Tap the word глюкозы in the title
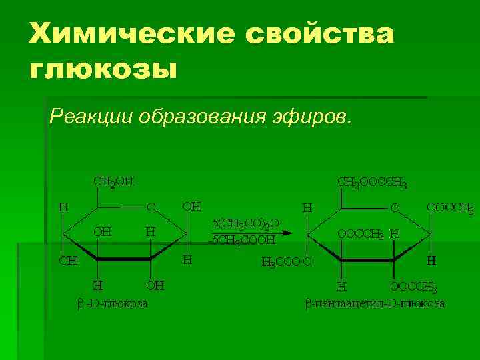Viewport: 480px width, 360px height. click(x=103, y=68)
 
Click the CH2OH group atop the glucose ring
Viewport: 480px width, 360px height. click(x=113, y=181)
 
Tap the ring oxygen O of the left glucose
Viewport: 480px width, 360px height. click(x=151, y=207)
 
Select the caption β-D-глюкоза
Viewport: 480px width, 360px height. click(x=112, y=304)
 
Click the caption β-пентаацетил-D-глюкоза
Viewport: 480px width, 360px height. click(x=375, y=304)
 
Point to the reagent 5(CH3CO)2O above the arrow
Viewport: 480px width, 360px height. click(x=245, y=223)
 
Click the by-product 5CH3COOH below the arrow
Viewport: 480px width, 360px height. click(x=243, y=240)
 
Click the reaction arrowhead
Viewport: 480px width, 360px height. click(x=288, y=233)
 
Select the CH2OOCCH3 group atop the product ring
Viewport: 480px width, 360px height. click(x=373, y=182)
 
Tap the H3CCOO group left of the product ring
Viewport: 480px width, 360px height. click(x=285, y=262)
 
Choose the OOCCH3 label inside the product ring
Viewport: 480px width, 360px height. click(x=360, y=234)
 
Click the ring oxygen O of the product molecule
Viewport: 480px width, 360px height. click(x=395, y=208)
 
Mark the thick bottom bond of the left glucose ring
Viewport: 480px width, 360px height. click(x=124, y=259)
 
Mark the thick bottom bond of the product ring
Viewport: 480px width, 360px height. click(x=368, y=259)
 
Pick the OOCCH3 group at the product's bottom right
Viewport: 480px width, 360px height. click(x=414, y=287)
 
